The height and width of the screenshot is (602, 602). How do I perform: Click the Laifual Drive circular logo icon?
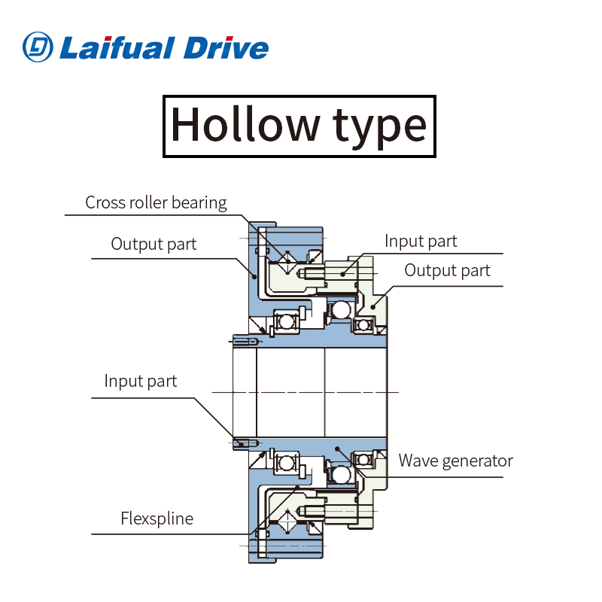pyautogui.click(x=38, y=47)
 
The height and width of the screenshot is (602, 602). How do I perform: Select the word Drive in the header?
pyautogui.click(x=225, y=47)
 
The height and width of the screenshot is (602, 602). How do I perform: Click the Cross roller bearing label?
pyautogui.click(x=156, y=202)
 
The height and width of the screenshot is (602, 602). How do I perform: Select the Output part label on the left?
pyautogui.click(x=154, y=244)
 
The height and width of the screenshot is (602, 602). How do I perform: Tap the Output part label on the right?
pyautogui.click(x=447, y=270)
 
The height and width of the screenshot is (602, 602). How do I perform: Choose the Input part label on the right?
pyautogui.click(x=421, y=241)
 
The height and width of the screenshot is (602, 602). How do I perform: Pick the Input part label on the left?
pyautogui.click(x=141, y=381)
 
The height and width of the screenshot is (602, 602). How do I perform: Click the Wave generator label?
pyautogui.click(x=455, y=461)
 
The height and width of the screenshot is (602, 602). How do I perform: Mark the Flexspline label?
pyautogui.click(x=157, y=518)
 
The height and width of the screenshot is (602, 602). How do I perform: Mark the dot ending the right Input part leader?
pyautogui.click(x=342, y=274)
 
